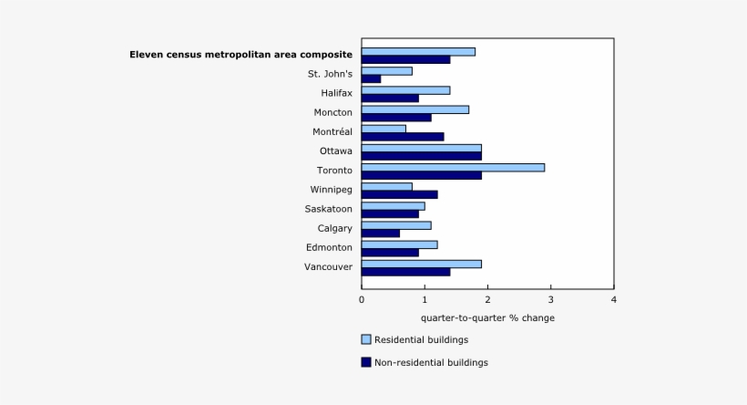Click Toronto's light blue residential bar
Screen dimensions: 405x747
(453, 167)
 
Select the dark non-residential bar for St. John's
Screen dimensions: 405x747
(371, 79)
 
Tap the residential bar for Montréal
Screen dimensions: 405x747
(384, 129)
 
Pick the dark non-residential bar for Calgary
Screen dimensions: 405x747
(380, 234)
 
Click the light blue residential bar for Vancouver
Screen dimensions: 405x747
(421, 264)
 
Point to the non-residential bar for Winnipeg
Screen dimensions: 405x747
(399, 194)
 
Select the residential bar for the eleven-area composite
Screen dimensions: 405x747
(418, 51)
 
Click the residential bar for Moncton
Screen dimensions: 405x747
(414, 109)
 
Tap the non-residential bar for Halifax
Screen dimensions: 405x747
(390, 99)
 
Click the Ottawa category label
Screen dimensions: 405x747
(335, 151)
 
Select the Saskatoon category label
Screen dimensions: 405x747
(328, 209)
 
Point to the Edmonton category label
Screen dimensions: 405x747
(329, 247)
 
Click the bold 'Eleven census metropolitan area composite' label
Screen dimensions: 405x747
(240, 55)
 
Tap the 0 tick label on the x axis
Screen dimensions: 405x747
(362, 299)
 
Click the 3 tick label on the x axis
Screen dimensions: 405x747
(550, 299)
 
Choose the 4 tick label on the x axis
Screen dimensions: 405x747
(613, 299)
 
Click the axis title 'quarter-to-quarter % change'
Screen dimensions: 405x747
(487, 318)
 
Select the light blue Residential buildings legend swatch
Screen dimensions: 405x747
(366, 339)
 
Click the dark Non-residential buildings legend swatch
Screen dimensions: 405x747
(366, 362)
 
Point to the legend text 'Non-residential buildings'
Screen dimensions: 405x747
(432, 362)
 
